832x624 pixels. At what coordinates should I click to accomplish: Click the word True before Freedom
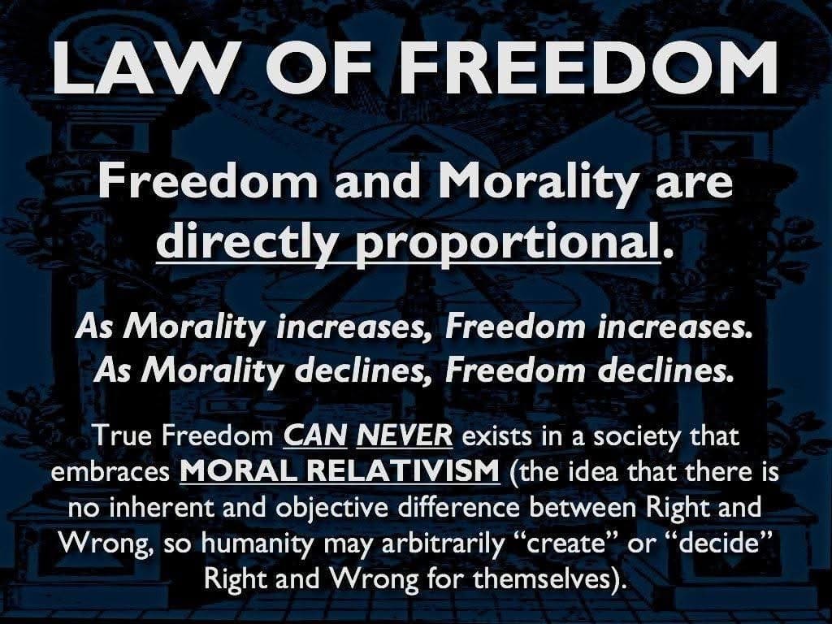coord(124,437)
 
